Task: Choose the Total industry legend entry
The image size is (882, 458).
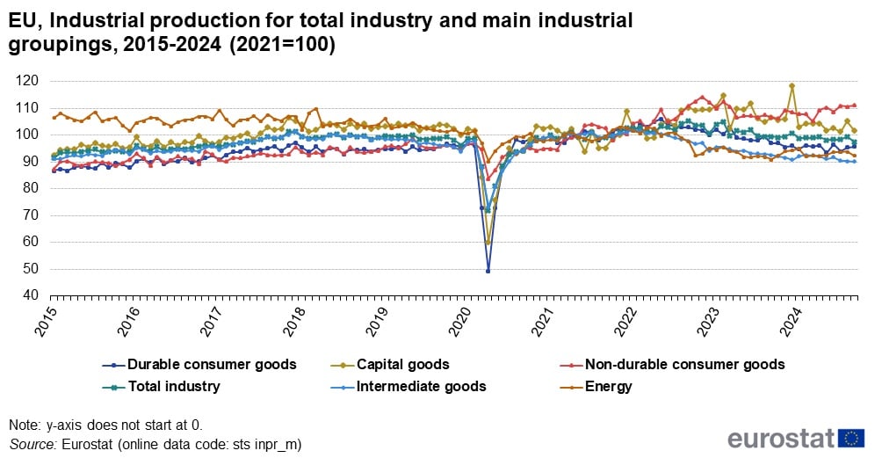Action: [x=173, y=386]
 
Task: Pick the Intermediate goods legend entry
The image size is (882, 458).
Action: [x=420, y=386]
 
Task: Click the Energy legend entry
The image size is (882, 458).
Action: [x=607, y=386]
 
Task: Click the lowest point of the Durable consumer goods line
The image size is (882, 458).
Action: [x=488, y=271]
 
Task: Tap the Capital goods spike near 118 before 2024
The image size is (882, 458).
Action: [x=792, y=86]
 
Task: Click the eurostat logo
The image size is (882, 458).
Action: [x=796, y=438]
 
